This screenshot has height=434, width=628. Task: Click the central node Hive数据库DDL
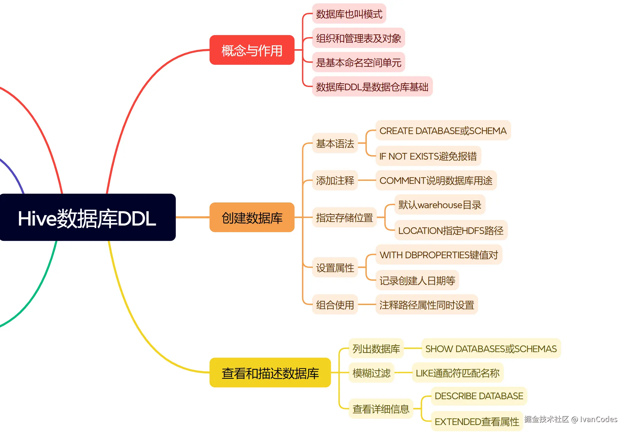87,217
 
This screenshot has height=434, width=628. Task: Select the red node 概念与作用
252,50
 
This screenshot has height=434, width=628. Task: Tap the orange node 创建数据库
252,217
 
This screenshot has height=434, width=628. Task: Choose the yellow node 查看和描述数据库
270,373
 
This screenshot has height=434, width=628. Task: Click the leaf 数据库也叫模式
349,14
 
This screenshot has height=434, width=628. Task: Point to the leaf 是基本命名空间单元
358,62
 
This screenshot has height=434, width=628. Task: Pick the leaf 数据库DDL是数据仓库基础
372,87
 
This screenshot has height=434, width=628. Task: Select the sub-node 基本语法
335,143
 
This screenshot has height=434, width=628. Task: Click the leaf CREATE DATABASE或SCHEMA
443,130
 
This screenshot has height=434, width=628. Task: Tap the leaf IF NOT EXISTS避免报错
428,156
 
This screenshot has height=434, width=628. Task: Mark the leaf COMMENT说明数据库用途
436,180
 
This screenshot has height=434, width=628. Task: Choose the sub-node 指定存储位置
344,217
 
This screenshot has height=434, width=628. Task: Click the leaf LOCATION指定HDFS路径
451,230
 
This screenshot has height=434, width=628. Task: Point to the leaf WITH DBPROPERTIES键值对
439,255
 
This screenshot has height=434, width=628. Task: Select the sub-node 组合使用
335,305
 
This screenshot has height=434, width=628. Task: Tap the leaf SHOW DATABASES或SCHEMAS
491,349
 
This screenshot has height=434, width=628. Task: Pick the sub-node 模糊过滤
371,373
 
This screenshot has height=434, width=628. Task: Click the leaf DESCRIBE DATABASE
479,396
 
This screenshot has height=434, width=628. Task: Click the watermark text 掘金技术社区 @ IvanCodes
570,419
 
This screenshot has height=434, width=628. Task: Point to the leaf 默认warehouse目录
440,205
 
